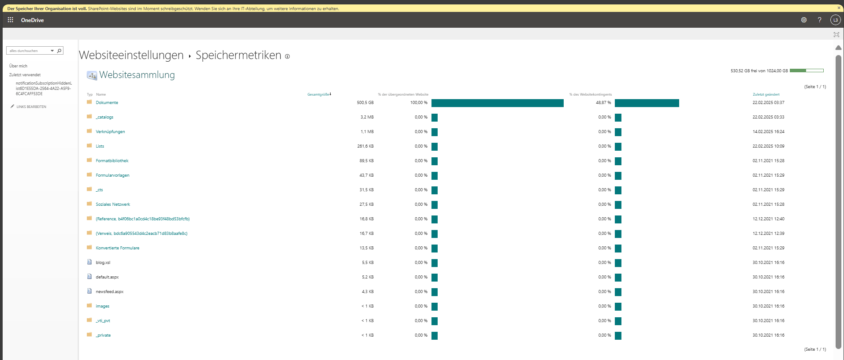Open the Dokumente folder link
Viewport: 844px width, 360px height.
(x=107, y=103)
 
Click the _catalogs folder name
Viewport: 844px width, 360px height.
(x=104, y=117)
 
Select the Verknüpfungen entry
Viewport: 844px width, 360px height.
(x=110, y=132)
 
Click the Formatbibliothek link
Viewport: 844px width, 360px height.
(x=112, y=161)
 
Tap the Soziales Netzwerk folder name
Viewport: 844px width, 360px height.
(x=113, y=204)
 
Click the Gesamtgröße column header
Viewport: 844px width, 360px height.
(x=318, y=94)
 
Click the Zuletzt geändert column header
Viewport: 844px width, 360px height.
(x=766, y=94)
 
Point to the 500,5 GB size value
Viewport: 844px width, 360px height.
(x=365, y=103)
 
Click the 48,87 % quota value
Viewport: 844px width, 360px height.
(x=603, y=103)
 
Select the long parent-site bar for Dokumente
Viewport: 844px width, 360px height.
(x=497, y=103)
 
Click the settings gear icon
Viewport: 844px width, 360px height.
(x=804, y=20)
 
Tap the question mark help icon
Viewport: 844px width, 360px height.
(x=819, y=20)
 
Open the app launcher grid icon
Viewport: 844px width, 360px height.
(x=11, y=20)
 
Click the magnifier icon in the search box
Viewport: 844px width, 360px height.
(x=59, y=51)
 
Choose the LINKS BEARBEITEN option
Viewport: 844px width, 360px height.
(x=31, y=107)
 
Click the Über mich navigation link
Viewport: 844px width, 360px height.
(x=18, y=66)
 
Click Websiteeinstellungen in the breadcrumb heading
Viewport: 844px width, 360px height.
(x=131, y=55)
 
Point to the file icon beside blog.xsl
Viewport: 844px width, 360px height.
(x=89, y=262)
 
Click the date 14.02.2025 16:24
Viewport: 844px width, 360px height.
(x=768, y=132)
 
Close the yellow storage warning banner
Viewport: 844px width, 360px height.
(x=839, y=8)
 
